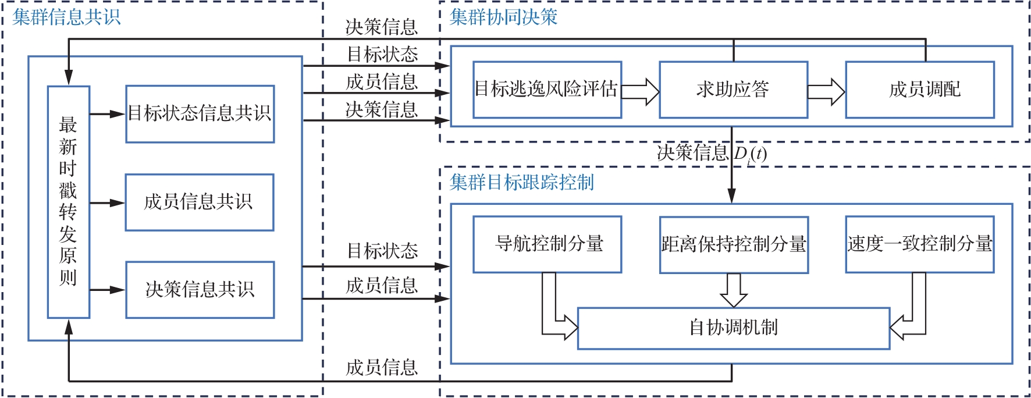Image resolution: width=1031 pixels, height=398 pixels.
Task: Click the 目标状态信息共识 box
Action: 200,113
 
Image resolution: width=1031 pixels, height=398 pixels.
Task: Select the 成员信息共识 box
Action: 200,202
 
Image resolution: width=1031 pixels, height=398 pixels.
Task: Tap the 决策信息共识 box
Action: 200,289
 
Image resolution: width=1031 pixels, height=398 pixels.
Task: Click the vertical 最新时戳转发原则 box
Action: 69,201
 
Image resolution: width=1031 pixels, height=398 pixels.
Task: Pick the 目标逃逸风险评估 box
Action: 547,90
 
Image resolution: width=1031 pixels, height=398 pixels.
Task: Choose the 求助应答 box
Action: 733,90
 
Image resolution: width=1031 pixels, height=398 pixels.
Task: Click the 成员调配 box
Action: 920,90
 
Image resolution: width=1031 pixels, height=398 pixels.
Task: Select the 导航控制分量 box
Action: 547,244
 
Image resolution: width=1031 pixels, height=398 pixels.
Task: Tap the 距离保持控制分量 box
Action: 734,244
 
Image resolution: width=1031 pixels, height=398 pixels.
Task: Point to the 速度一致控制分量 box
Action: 920,244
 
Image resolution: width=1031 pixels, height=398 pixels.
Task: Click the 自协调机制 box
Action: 734,328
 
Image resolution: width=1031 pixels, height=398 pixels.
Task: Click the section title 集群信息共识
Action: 66,17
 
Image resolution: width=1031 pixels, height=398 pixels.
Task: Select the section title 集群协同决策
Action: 504,17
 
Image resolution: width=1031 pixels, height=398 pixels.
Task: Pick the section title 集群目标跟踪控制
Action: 522,182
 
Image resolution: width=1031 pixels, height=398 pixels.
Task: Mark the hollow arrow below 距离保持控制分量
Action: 734,290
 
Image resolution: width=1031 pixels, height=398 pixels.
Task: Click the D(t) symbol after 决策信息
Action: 751,154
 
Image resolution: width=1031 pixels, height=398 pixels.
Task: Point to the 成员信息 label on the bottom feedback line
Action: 382,368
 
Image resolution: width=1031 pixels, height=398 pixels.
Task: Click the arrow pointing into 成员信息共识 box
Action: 108,203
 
